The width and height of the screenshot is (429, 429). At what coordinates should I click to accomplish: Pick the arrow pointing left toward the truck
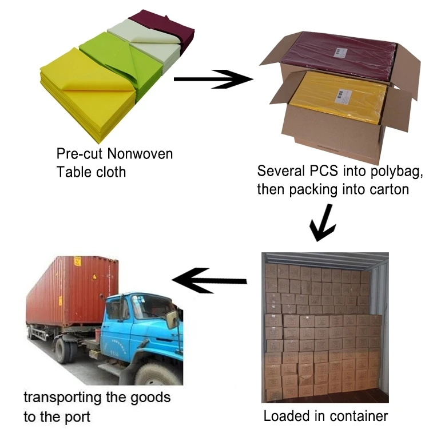(x=209, y=280)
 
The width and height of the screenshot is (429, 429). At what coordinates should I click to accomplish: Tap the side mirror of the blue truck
(x=171, y=320)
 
